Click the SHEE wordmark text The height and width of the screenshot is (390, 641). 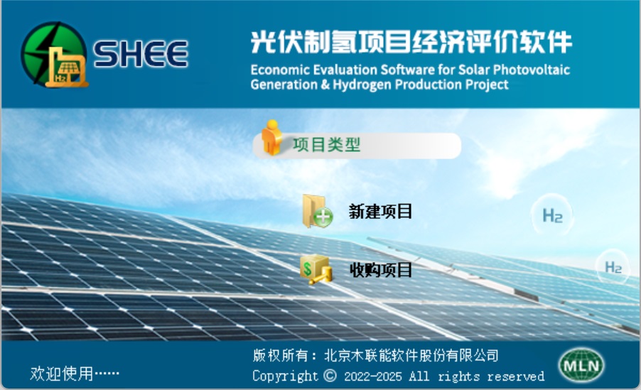click(x=141, y=53)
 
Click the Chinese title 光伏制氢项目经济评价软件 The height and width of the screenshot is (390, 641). click(x=411, y=42)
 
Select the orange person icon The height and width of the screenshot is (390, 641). click(x=272, y=137)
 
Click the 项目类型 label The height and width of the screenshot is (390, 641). click(x=326, y=145)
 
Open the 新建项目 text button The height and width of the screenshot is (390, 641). click(x=380, y=212)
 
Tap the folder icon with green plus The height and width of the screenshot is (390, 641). click(x=318, y=212)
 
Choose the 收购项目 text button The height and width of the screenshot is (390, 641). click(x=381, y=270)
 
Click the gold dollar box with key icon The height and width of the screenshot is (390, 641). click(x=316, y=269)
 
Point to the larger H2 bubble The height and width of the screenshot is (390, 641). click(x=552, y=215)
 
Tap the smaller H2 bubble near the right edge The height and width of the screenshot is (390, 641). click(x=613, y=267)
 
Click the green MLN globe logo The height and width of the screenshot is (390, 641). click(x=581, y=365)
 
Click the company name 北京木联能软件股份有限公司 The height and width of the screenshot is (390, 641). click(x=411, y=355)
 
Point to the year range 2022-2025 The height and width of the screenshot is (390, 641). click(x=373, y=376)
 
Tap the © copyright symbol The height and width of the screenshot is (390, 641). click(x=330, y=375)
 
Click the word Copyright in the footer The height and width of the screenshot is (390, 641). click(x=285, y=376)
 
